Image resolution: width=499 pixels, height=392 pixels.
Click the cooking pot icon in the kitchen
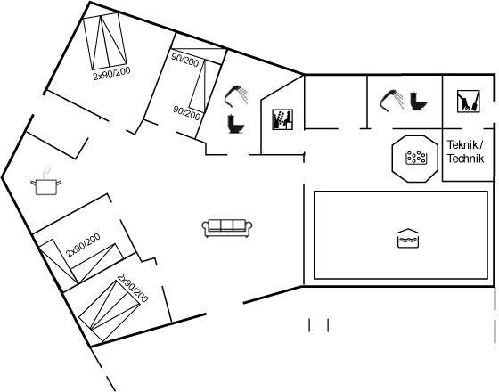tap(45, 187)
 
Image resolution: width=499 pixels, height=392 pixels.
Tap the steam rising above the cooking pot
tap(46, 171)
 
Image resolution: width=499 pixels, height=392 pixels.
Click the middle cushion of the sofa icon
tap(227, 225)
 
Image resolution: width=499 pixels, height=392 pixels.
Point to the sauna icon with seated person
tap(282, 119)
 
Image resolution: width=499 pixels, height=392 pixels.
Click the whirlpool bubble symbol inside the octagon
tap(416, 158)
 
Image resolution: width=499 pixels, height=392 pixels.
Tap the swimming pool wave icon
tap(408, 239)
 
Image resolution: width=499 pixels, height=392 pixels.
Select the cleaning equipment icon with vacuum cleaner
tap(468, 102)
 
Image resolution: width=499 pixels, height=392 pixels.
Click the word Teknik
tap(462, 144)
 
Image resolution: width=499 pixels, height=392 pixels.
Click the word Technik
tap(465, 159)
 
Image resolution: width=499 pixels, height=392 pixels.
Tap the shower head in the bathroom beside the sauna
tap(236, 95)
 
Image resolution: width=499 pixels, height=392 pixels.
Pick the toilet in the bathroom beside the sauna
tap(236, 124)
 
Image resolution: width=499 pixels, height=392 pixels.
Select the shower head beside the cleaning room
tap(392, 101)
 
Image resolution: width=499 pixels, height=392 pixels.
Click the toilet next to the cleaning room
tap(418, 102)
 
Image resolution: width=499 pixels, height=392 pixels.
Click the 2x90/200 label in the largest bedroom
tap(111, 73)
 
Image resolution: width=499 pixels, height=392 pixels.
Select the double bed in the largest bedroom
tap(105, 41)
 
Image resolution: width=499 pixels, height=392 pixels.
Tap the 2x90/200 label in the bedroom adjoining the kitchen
tap(83, 245)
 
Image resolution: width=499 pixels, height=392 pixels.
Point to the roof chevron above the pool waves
tap(408, 231)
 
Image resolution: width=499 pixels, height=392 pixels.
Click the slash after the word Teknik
tap(481, 144)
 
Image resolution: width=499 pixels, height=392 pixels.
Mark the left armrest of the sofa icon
tap(205, 228)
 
